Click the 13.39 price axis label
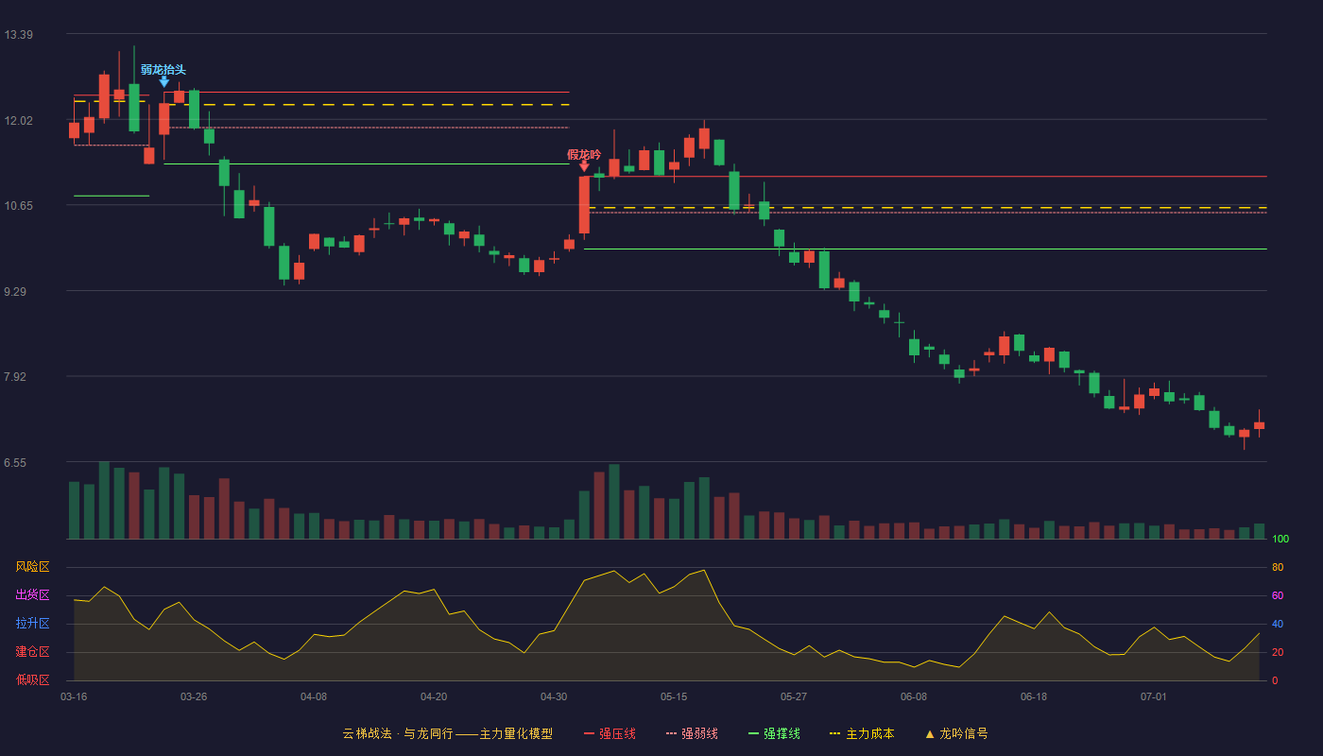18,35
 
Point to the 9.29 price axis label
15,292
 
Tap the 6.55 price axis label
15,463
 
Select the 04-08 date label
314,697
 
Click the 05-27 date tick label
793,697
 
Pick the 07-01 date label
1154,697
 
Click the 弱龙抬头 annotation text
163,70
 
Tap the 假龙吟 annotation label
584,155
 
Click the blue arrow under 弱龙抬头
164,82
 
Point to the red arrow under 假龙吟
584,166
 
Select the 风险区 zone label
32,567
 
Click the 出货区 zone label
32,594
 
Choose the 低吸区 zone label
32,679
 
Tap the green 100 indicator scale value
1280,539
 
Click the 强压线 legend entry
610,733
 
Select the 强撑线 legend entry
774,733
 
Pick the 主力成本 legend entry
862,733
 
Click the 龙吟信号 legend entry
956,733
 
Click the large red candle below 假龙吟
584,206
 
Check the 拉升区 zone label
32,623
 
